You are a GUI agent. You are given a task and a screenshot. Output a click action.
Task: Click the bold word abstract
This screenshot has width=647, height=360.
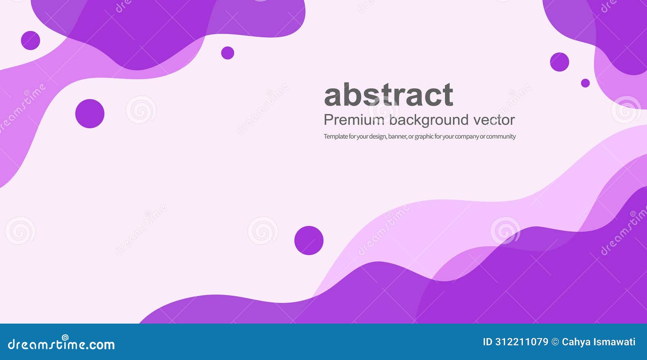coord(388,95)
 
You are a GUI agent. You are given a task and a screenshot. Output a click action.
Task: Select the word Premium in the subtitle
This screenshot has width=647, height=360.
coord(354,120)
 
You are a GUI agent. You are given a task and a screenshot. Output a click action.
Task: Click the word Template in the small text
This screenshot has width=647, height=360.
coord(336,136)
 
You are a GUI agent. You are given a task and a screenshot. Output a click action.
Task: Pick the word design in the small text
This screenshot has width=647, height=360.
coord(377,137)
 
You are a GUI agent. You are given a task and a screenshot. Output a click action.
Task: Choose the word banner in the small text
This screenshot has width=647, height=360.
coord(397,136)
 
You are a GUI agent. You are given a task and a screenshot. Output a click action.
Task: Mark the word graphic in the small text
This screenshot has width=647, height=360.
coord(424,137)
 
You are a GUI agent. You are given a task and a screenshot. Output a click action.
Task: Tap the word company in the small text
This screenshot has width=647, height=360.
coord(467,137)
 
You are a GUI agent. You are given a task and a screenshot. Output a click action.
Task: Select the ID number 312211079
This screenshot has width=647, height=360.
coord(522,342)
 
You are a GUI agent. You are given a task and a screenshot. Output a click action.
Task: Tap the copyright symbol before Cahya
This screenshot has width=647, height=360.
coord(555,342)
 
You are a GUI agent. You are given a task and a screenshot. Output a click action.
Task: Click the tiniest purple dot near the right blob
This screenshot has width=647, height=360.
coord(585,83)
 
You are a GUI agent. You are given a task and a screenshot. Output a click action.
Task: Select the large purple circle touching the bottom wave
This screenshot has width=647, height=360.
coord(309,240)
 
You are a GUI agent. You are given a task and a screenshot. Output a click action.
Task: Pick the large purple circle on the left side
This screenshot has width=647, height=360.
coord(90,114)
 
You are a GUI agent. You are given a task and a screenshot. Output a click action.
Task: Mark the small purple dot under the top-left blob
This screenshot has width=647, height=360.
coord(228,53)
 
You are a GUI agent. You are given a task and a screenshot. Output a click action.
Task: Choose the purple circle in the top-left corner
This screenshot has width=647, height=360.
coord(30,40)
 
